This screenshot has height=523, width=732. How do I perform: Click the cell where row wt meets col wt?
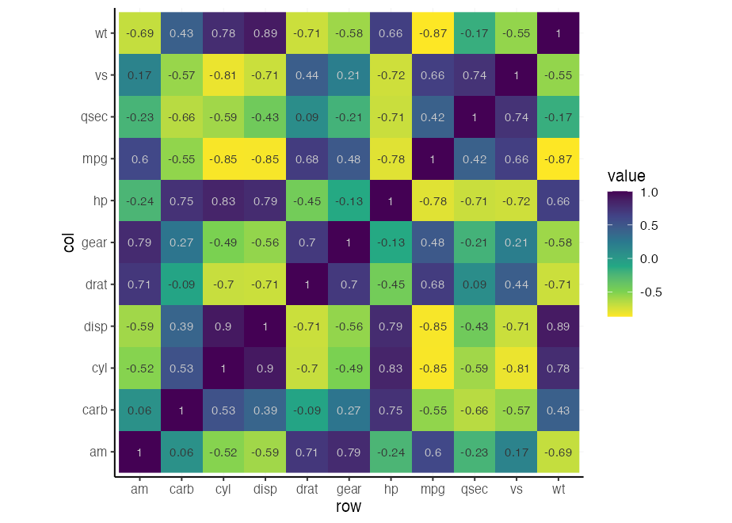pos(559,33)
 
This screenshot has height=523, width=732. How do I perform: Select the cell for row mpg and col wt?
pos(433,33)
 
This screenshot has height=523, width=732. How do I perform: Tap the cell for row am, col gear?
pos(139,242)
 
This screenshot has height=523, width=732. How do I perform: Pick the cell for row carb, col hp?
pos(181,200)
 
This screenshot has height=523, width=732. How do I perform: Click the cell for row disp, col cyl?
pos(265,368)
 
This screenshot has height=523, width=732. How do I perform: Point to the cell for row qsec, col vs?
pos(475,75)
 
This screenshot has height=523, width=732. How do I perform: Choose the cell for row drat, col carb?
pos(307,410)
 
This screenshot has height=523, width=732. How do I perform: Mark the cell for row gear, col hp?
pos(349,200)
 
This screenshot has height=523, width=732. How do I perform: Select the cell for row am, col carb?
pos(139,410)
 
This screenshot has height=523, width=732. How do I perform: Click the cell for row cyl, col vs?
pos(223,75)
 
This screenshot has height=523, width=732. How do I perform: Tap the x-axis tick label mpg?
pos(433,490)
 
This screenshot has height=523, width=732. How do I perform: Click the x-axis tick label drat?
pos(307,490)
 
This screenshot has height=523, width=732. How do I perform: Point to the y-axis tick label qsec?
pos(93,117)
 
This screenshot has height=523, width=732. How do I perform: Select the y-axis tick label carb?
pos(93,410)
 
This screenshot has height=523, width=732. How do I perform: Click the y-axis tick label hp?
pos(99,200)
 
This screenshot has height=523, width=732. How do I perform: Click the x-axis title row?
pos(349,507)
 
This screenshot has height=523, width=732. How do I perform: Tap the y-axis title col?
pos(69,242)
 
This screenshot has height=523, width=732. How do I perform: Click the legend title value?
pos(626,176)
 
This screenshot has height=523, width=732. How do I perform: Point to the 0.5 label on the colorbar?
pos(649,225)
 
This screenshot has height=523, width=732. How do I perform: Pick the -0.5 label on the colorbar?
pos(650,292)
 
